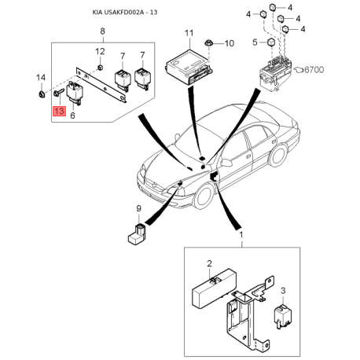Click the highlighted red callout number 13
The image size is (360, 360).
click(60, 111)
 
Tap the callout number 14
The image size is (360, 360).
click(41, 78)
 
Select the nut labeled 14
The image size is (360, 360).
click(41, 94)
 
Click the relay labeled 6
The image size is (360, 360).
click(75, 94)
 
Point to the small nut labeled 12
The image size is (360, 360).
click(100, 68)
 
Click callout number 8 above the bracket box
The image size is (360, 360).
click(102, 31)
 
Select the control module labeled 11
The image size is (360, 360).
click(189, 68)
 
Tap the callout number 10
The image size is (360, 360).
click(230, 43)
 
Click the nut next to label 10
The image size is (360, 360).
click(209, 43)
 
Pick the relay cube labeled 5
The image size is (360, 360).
click(271, 42)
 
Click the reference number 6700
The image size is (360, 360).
click(314, 70)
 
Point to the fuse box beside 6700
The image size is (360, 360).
click(275, 73)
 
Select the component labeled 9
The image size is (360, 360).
click(138, 234)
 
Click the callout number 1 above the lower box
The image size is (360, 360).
click(241, 235)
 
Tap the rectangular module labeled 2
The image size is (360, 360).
click(215, 288)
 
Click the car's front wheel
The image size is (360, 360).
click(204, 196)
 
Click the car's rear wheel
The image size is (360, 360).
click(278, 156)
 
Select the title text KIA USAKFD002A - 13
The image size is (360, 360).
click(125, 13)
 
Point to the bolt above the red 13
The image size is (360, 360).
click(59, 92)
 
